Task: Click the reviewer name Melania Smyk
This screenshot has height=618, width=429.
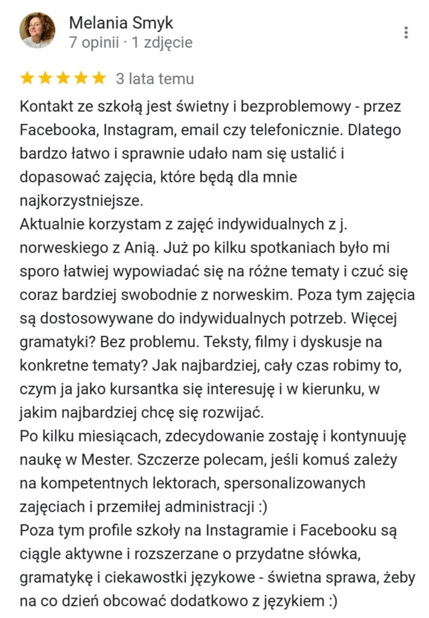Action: coord(121,23)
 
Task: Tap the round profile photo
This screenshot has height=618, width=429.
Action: coord(37,30)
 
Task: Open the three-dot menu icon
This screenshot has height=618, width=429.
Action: coord(407,33)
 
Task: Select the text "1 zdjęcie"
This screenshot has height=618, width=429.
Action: coord(162,43)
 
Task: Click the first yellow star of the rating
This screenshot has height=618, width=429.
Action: coord(27,78)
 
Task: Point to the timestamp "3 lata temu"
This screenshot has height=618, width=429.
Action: coord(155,78)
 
